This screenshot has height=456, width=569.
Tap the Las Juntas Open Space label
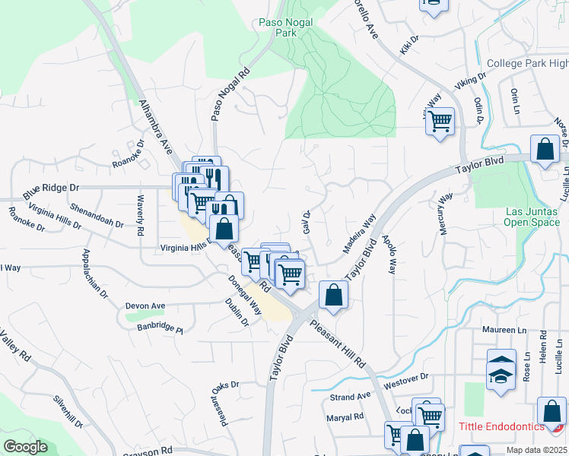pos(531,217)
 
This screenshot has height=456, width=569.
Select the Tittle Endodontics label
pos(501,428)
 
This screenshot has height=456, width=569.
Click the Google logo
pos(25,447)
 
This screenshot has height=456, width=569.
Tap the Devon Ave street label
pos(145,306)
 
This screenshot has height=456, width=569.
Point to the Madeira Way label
pos(359,233)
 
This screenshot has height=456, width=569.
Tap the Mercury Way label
pos(447,214)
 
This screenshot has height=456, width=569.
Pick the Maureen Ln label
pos(504,330)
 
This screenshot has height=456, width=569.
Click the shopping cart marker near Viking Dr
pos(440,121)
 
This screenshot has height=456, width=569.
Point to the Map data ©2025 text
pos(536,450)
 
